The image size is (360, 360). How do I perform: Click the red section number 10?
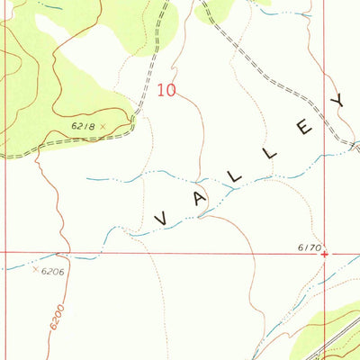point(166,89)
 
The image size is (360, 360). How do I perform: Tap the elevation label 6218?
point(84,126)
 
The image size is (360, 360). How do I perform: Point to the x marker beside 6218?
point(103,126)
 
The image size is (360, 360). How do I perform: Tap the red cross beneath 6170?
point(325,253)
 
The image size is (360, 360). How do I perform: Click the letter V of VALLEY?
point(164,219)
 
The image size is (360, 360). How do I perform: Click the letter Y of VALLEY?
point(340,102)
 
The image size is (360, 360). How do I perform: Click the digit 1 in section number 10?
point(161,89)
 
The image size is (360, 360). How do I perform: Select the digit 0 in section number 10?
point(171,89)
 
